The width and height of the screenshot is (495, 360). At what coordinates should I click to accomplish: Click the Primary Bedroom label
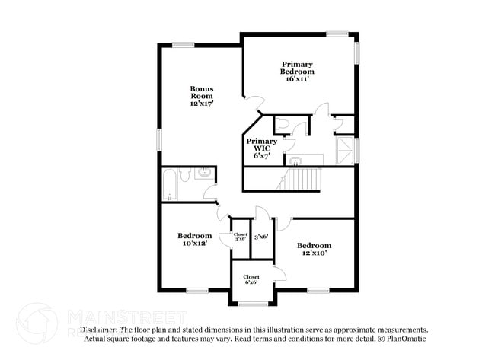[x=297, y=71]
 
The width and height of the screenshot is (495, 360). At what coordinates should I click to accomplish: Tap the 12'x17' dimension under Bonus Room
[x=201, y=103]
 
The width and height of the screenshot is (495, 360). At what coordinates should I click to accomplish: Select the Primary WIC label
[x=260, y=148]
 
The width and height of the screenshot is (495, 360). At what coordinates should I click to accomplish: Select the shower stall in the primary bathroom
[x=346, y=149]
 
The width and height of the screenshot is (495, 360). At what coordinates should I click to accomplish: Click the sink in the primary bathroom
[x=295, y=161]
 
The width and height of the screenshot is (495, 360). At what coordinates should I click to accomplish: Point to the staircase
[x=301, y=180]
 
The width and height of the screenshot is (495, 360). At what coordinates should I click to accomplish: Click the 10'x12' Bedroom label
[x=194, y=239]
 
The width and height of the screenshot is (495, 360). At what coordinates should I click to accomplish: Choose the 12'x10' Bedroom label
[x=314, y=249]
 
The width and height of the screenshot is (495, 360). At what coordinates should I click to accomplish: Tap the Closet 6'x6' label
[x=251, y=279]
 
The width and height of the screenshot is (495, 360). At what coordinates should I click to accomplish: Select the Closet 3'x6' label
[x=240, y=237]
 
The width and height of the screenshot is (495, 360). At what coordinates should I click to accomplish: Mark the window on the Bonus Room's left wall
[x=159, y=139]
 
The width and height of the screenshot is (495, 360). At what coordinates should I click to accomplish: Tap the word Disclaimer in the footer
[x=98, y=330]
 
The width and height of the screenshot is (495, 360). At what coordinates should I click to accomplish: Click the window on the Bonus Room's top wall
[x=183, y=44]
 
